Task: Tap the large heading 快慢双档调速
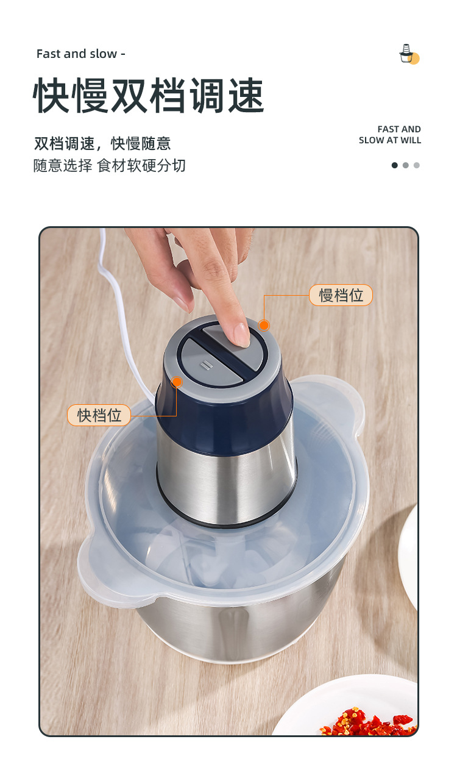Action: [x=149, y=96]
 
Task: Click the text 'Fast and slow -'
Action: [x=80, y=54]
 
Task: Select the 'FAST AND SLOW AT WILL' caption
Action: [x=390, y=135]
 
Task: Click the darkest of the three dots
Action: [x=394, y=165]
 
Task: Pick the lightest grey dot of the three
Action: [x=417, y=165]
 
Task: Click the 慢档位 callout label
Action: [x=341, y=296]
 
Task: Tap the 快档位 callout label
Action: [x=99, y=416]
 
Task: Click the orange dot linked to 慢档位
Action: [x=264, y=326]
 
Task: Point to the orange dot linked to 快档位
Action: [x=177, y=382]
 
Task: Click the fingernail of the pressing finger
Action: [x=241, y=334]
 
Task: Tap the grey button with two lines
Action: [x=204, y=364]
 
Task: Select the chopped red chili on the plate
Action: [x=366, y=722]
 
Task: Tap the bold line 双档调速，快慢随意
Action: [x=102, y=144]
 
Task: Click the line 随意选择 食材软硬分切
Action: [x=110, y=165]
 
